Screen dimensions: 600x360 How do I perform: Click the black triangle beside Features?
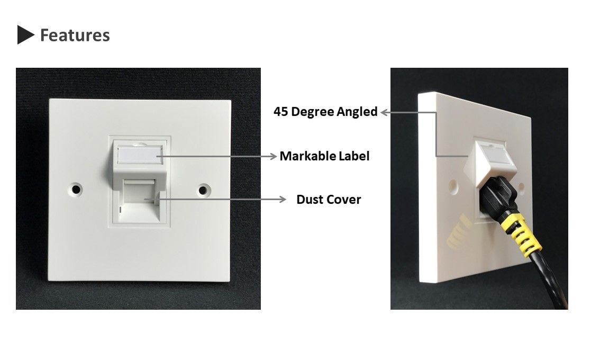[x=25, y=35]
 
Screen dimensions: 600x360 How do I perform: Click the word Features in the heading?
[x=75, y=35]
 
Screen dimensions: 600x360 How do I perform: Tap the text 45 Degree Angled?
[x=325, y=112]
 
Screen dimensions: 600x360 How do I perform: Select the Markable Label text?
[x=324, y=156]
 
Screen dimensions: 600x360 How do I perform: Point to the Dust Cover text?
[x=329, y=199]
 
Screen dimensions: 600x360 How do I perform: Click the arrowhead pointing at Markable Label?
[x=273, y=156]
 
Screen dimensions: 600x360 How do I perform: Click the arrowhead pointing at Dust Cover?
[x=283, y=199]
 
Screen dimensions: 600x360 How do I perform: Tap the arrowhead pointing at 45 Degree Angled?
[x=385, y=112]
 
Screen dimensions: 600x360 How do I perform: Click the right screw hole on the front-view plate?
[x=203, y=190]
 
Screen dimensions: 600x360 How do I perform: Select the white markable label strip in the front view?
[x=140, y=156]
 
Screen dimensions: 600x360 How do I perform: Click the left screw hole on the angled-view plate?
[x=453, y=186]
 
